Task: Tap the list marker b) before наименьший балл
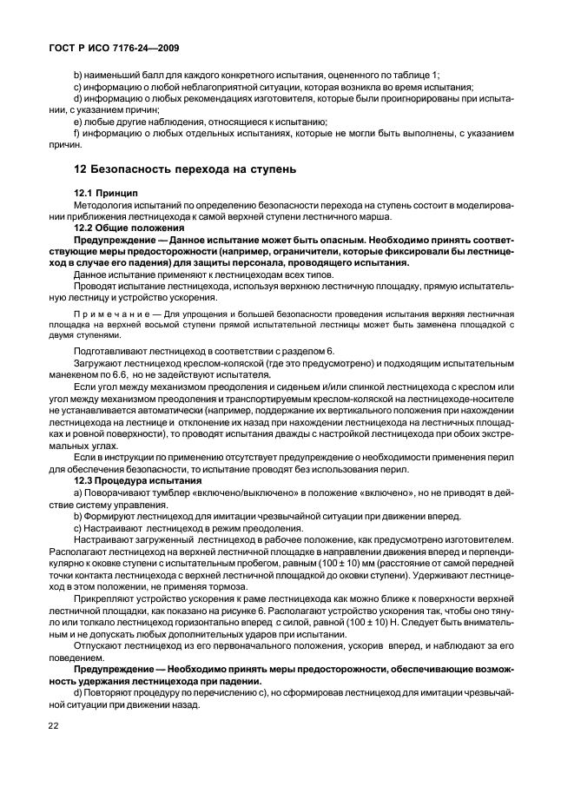point(78,76)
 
